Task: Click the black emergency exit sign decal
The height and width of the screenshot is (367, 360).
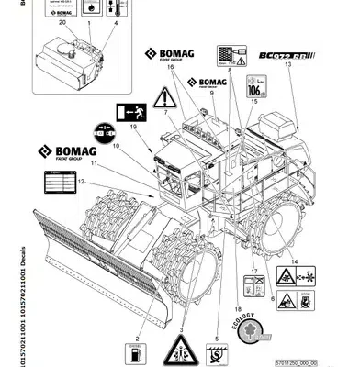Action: (x=129, y=114)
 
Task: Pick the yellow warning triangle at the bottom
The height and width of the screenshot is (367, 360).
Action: (x=178, y=350)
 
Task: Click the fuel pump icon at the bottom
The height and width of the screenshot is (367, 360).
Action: (x=134, y=351)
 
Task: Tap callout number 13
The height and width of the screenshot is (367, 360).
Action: (x=287, y=66)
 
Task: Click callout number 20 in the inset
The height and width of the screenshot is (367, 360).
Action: (x=62, y=22)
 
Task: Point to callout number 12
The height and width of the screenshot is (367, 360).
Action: (x=81, y=183)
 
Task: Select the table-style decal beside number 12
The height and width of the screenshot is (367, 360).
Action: (x=56, y=184)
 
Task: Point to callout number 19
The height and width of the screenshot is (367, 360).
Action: (x=135, y=128)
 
